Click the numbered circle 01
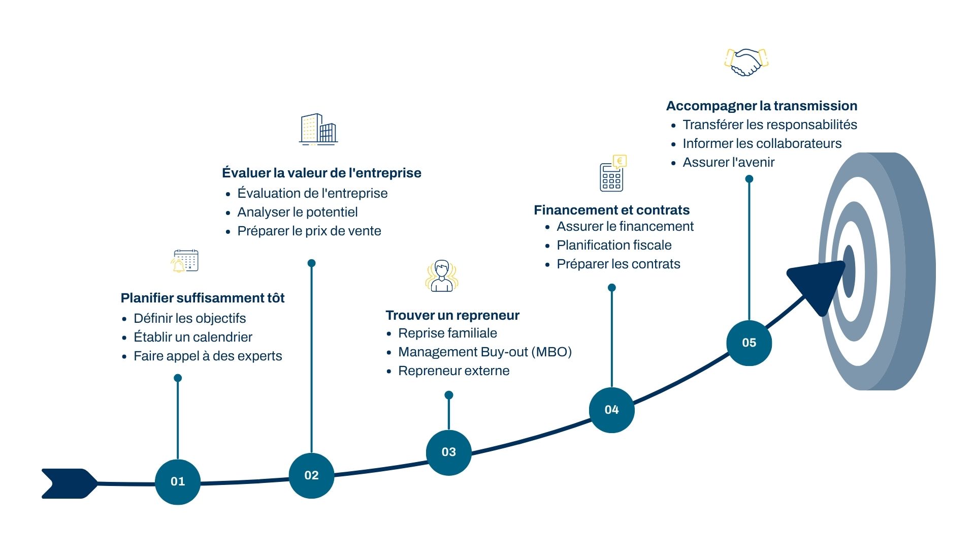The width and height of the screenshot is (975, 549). tap(178, 482)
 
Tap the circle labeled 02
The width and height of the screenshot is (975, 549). tap(311, 475)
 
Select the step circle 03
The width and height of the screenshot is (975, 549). tap(449, 452)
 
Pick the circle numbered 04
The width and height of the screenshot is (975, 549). tap(612, 410)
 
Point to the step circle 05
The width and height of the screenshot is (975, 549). tap(749, 343)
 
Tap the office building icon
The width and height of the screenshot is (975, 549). tap(318, 129)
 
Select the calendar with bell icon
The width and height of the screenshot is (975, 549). tap(185, 261)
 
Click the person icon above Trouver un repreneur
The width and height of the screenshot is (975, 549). tap(442, 276)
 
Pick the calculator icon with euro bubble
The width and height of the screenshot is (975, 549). tap(613, 173)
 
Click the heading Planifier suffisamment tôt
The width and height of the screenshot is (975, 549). tap(203, 298)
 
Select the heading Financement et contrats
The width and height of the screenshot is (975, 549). tap(611, 210)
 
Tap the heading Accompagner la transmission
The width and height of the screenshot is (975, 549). tap(762, 106)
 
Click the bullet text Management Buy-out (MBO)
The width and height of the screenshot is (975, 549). tap(485, 352)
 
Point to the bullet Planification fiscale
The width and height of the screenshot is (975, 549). tap(614, 245)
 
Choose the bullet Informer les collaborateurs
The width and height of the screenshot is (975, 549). tap(762, 143)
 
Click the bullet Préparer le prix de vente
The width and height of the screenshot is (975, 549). tap(309, 231)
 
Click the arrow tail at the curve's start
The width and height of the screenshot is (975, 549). tap(70, 483)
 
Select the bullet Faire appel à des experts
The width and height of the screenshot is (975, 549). tap(208, 356)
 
